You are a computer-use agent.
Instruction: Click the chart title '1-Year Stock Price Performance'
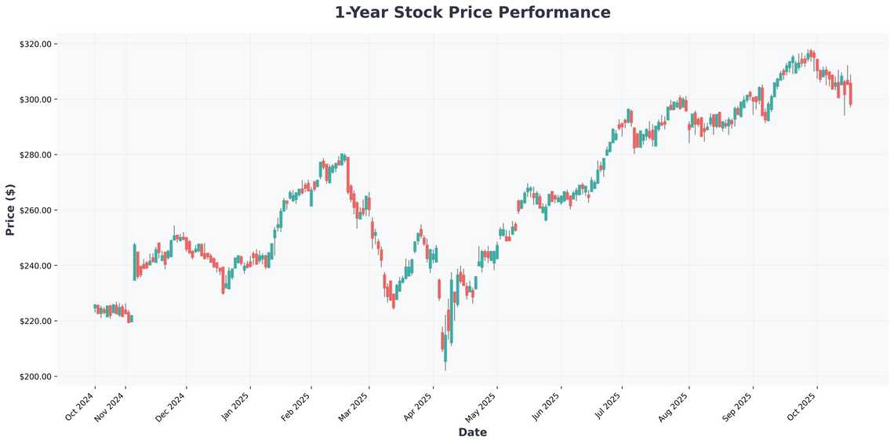pyautogui.click(x=472, y=13)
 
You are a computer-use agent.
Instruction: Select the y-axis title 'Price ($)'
pyautogui.click(x=10, y=209)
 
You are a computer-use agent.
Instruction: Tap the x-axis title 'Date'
pyautogui.click(x=472, y=432)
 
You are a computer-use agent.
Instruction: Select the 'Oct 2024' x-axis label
pyautogui.click(x=80, y=406)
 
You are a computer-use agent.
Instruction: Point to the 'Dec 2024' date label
pyautogui.click(x=172, y=406)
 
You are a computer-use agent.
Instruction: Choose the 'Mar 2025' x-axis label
pyautogui.click(x=354, y=406)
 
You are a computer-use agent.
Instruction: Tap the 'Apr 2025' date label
pyautogui.click(x=418, y=406)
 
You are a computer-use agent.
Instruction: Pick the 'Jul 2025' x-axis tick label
pyautogui.click(x=608, y=406)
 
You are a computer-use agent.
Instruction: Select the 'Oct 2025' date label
pyautogui.click(x=802, y=406)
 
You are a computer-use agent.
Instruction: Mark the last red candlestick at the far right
pyautogui.click(x=851, y=93)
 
